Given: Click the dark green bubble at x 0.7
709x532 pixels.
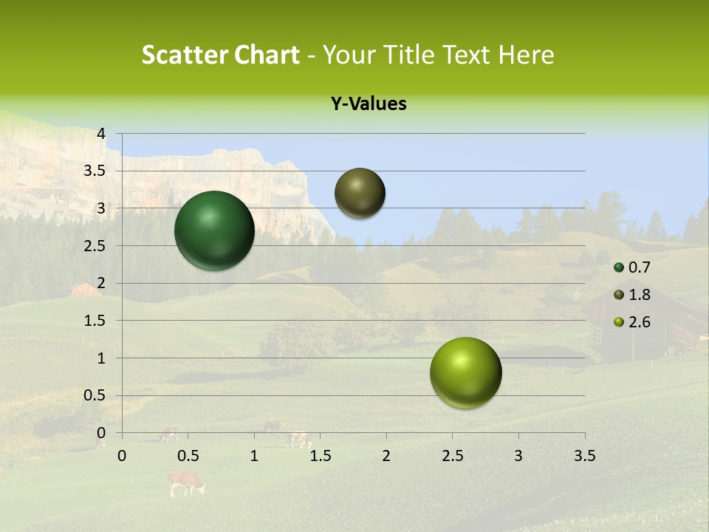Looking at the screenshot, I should click(x=214, y=231).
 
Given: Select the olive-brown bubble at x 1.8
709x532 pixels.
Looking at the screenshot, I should click(x=360, y=193).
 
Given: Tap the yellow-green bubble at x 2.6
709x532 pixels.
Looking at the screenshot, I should click(x=465, y=372).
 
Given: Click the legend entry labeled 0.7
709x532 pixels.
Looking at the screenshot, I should click(x=639, y=267).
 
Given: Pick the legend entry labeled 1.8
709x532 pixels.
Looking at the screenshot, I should click(x=639, y=295).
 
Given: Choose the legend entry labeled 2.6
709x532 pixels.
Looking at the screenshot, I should click(x=639, y=322).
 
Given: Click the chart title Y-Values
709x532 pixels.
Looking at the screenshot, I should click(x=368, y=104).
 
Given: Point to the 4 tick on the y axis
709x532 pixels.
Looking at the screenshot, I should click(x=101, y=133).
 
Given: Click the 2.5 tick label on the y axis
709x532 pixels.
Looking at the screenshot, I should click(x=95, y=246).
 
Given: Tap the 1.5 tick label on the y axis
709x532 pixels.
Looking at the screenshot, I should click(x=95, y=321).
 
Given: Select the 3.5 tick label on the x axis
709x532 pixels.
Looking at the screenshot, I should click(x=584, y=456).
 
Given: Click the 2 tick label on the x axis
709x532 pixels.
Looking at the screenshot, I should click(x=386, y=456).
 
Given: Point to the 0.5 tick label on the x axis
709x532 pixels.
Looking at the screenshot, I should click(x=188, y=456).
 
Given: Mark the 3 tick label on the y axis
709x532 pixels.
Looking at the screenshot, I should click(x=101, y=208).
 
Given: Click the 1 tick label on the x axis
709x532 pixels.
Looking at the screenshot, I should click(x=254, y=456).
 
